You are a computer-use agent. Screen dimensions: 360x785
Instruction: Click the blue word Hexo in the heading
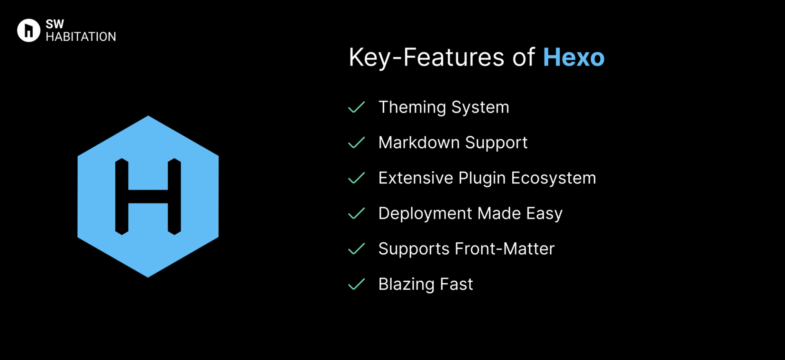[573, 57]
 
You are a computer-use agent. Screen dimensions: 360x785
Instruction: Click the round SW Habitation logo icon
[29, 30]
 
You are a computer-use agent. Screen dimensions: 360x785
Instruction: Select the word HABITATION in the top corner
[81, 37]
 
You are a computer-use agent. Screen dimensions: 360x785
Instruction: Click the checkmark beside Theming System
[357, 107]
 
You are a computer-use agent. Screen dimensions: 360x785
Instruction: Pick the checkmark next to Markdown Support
[357, 143]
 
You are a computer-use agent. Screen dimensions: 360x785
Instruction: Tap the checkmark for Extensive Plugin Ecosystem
[357, 178]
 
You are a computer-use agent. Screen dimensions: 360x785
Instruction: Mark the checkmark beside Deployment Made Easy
[357, 213]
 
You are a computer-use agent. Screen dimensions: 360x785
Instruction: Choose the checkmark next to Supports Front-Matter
[357, 249]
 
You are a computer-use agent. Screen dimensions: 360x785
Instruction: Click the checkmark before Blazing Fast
[357, 284]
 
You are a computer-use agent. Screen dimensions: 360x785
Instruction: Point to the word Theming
[412, 107]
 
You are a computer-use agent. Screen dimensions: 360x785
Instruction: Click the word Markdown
[419, 143]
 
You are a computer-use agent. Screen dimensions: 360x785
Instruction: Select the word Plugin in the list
[482, 179]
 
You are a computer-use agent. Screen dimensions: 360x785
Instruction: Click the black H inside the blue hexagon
[148, 197]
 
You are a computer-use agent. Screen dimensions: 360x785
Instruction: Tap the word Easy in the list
[544, 214]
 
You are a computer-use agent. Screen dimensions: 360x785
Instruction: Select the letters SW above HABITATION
[55, 24]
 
